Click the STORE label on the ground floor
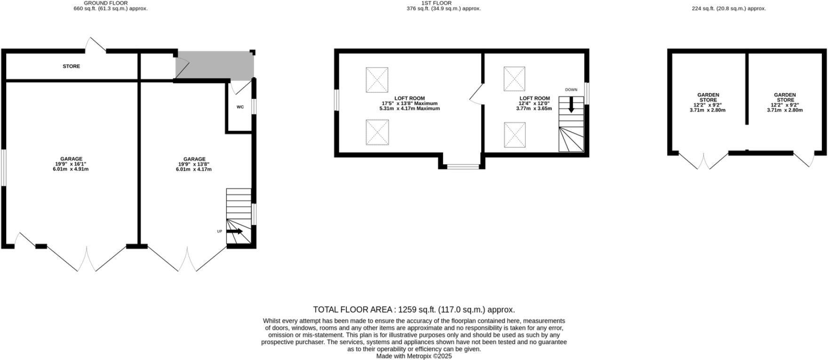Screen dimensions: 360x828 pos(72,66)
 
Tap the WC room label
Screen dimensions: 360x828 pos(240,107)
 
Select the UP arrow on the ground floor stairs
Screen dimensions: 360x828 pos(234,231)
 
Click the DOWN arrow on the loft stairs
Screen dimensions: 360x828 pos(571,104)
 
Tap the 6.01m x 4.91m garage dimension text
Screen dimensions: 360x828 pos(71,169)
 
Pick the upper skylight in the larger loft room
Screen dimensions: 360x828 pos(377,80)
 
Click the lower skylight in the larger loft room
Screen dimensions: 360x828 pos(377,132)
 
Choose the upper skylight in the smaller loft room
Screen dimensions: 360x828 pos(514,79)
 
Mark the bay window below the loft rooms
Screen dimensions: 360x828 pos(463,166)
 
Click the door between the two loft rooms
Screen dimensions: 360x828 pos(477,95)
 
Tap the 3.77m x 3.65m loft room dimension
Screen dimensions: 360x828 pos(534,109)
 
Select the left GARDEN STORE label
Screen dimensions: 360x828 pos(708,97)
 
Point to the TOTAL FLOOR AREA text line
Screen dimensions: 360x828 pos(414,310)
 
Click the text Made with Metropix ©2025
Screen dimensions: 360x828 pos(414,356)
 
